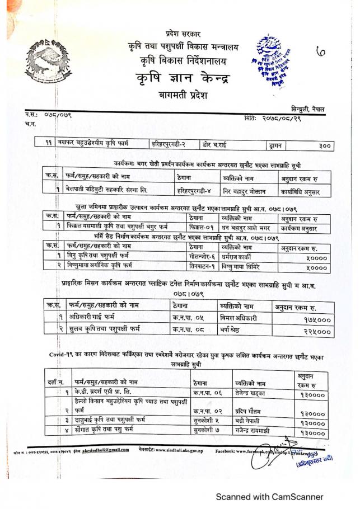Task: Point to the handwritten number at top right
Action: (321, 52)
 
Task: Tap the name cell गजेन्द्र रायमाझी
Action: (260, 431)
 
